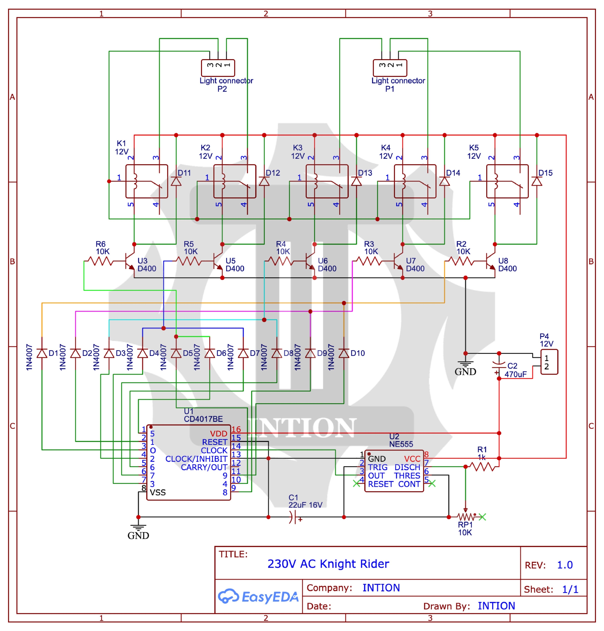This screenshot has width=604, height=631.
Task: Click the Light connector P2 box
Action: pyautogui.click(x=218, y=68)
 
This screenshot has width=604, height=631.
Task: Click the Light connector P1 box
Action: pyautogui.click(x=390, y=68)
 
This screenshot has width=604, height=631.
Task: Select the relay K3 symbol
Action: pyautogui.click(x=327, y=181)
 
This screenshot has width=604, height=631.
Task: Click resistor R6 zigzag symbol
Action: pyautogui.click(x=101, y=261)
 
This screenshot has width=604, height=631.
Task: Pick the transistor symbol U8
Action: pyautogui.click(x=491, y=261)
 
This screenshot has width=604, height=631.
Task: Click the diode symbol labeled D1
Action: pyautogui.click(x=42, y=353)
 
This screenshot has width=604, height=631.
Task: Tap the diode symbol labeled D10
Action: pyautogui.click(x=344, y=353)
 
